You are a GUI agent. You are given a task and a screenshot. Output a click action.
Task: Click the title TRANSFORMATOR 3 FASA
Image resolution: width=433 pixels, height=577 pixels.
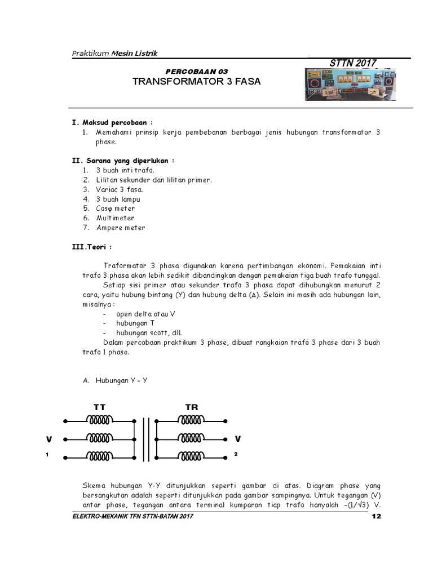pyautogui.click(x=197, y=81)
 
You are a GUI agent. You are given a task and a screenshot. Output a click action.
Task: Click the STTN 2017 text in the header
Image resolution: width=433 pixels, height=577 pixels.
pyautogui.click(x=352, y=63)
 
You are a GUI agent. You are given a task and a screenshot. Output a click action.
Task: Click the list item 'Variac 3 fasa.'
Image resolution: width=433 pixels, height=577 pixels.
pyautogui.click(x=116, y=189)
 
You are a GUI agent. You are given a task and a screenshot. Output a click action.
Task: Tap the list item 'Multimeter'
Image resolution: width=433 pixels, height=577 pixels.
pyautogui.click(x=115, y=218)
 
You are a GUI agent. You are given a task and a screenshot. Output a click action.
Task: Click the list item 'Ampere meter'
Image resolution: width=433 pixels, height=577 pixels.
pyautogui.click(x=120, y=228)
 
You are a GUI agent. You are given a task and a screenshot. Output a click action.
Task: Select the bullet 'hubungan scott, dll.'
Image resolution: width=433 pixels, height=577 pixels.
pyautogui.click(x=149, y=332)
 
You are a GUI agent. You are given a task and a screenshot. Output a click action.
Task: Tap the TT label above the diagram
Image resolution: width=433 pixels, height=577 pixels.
pyautogui.click(x=99, y=407)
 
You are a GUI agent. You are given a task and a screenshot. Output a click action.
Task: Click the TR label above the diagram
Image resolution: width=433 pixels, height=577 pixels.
pyautogui.click(x=192, y=407)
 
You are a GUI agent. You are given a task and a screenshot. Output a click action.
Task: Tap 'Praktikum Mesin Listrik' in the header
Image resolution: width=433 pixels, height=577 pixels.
pyautogui.click(x=114, y=53)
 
